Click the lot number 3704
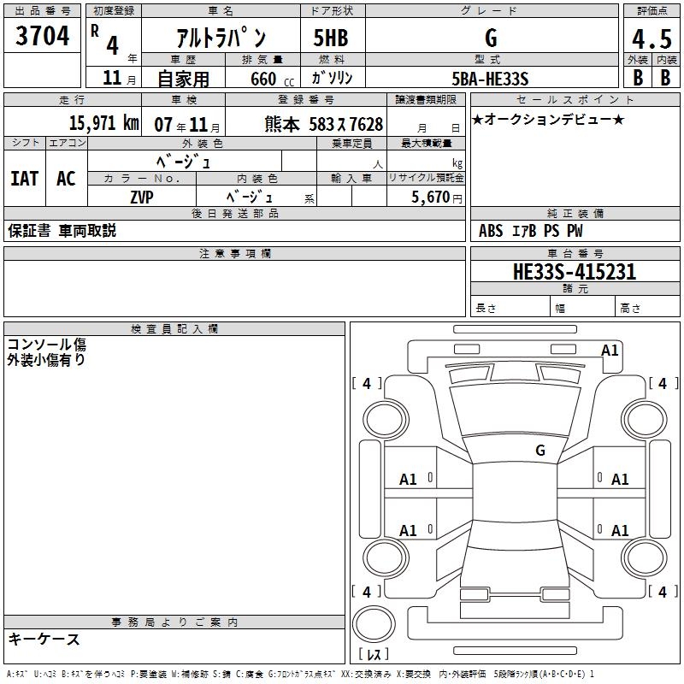tap(42, 35)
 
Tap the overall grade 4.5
tap(652, 38)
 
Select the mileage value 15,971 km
tap(104, 123)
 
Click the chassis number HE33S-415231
tap(575, 271)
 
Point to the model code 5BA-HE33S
tap(490, 79)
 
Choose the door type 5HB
tap(331, 38)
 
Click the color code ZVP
tap(142, 198)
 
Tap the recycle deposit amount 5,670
tap(430, 198)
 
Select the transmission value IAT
tap(25, 179)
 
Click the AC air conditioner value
tap(66, 179)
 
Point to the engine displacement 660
tap(263, 79)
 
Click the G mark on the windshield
tap(540, 450)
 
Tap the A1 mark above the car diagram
tap(610, 351)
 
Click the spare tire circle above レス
tap(374, 623)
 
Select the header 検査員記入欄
tap(174, 329)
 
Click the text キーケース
tap(44, 639)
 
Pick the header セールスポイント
tap(575, 99)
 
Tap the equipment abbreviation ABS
tap(491, 231)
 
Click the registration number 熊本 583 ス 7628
tap(324, 124)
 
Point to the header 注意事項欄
tap(235, 253)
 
